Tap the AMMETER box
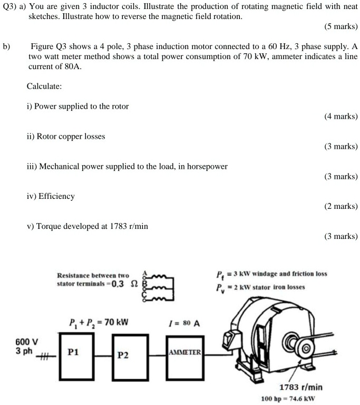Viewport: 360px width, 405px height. point(184,351)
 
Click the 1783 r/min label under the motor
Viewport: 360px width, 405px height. point(300,386)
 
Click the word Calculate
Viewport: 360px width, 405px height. point(44,86)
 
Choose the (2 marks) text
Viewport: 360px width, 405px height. point(340,207)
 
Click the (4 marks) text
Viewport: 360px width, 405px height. point(340,116)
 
